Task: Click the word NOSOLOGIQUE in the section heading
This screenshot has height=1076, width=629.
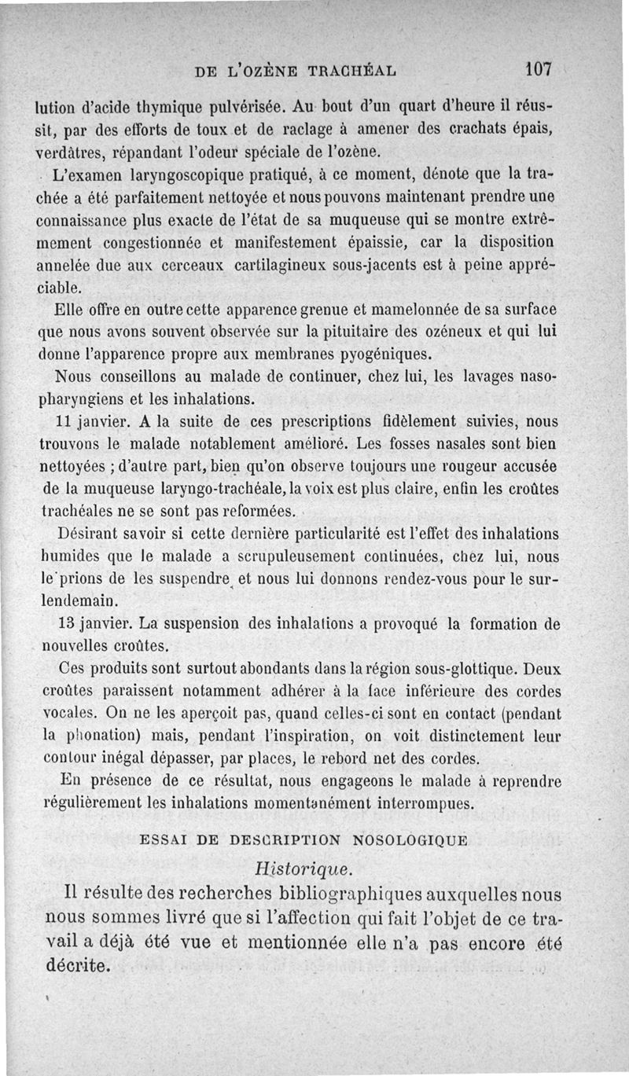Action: [410, 839]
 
